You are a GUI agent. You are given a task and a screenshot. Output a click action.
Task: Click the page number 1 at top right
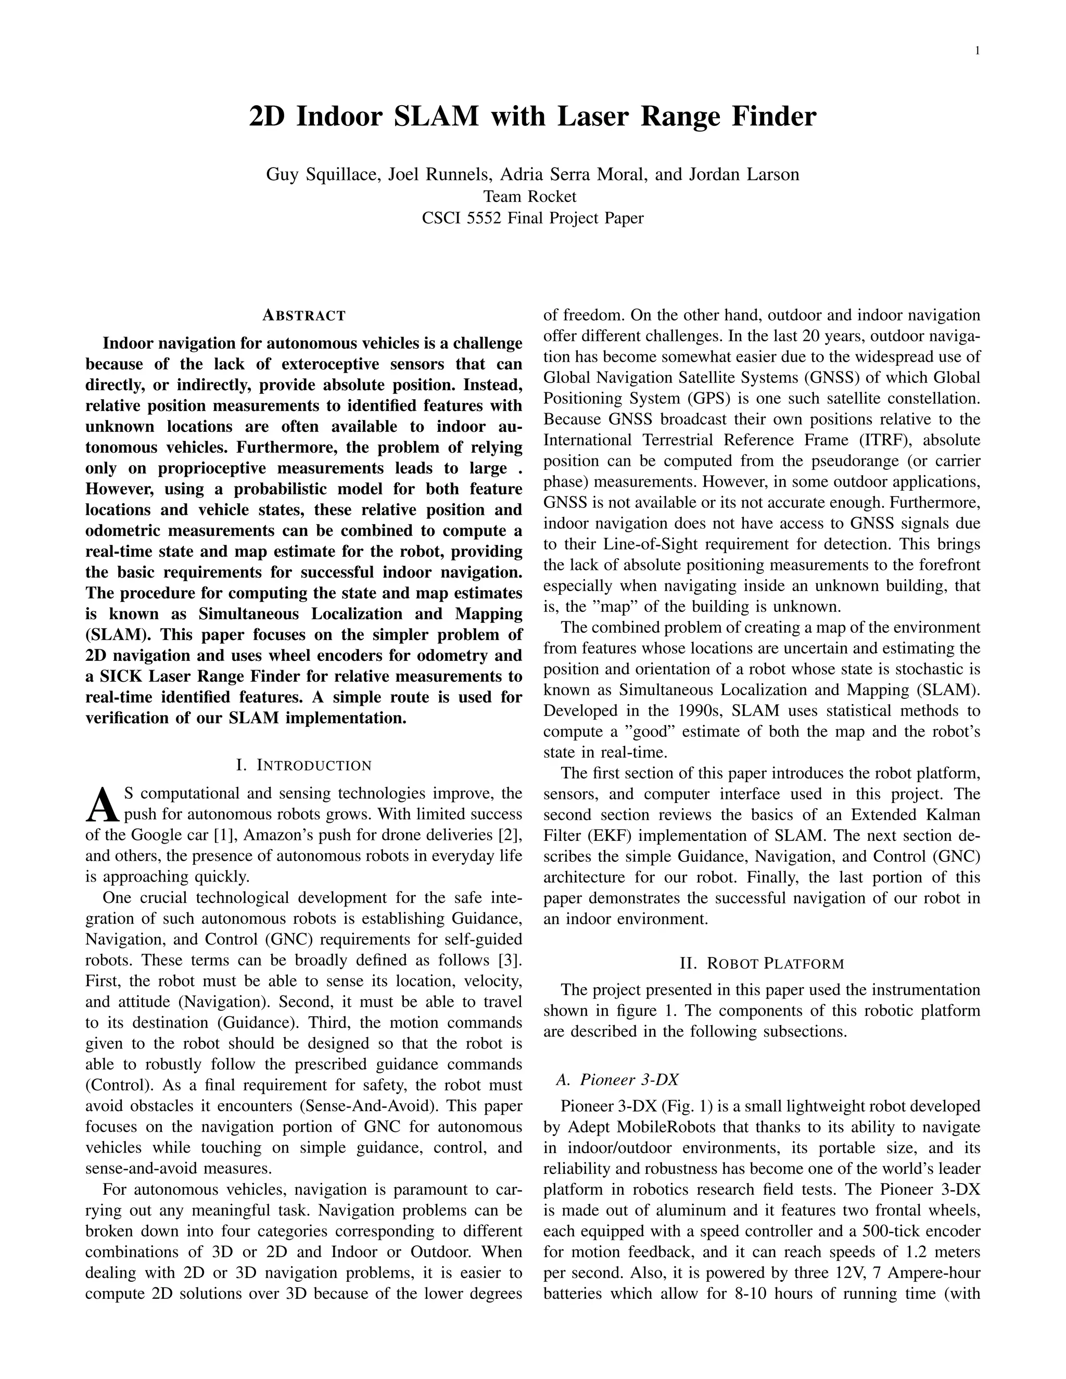(977, 51)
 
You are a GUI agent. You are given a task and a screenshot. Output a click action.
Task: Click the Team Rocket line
(530, 196)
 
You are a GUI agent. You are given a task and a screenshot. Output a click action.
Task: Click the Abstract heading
(304, 315)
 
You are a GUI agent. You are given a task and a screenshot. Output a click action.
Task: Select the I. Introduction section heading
(304, 765)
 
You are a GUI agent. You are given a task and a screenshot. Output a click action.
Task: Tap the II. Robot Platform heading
(762, 964)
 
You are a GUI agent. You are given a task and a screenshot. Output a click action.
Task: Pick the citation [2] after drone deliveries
(510, 835)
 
